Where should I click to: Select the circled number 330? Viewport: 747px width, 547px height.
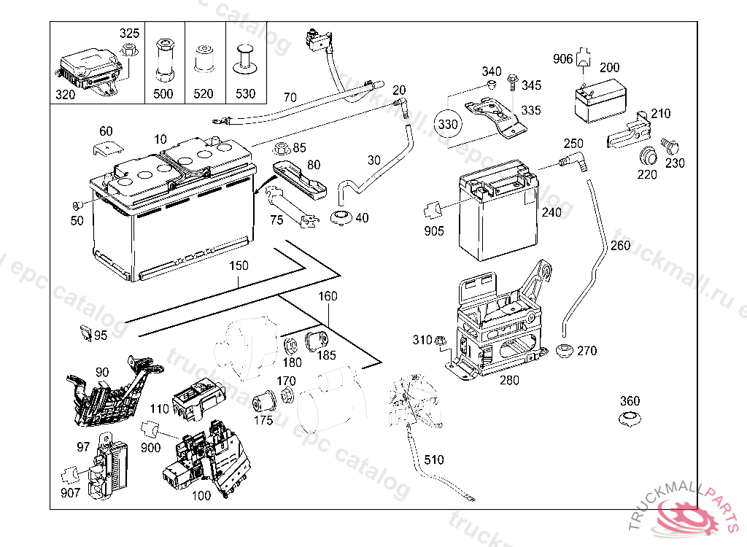coord(448,125)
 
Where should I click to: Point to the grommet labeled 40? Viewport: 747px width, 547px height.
coord(341,217)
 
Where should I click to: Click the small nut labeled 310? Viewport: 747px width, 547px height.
coord(440,341)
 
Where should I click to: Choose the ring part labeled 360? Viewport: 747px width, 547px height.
coord(629,419)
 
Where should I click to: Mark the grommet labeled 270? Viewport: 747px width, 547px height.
coord(564,351)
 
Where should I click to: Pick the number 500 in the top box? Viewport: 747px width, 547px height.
coord(163,94)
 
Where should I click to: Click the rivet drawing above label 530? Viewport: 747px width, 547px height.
coord(245,58)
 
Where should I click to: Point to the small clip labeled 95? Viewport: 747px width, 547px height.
coord(85,333)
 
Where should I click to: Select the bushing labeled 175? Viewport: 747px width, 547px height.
coord(261,402)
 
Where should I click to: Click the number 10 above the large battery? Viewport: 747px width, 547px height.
coord(160,139)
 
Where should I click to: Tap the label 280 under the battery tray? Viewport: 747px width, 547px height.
coord(510,380)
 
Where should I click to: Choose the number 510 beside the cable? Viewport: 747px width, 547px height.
coord(433,460)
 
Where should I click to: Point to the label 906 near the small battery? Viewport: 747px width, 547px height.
coord(563,59)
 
